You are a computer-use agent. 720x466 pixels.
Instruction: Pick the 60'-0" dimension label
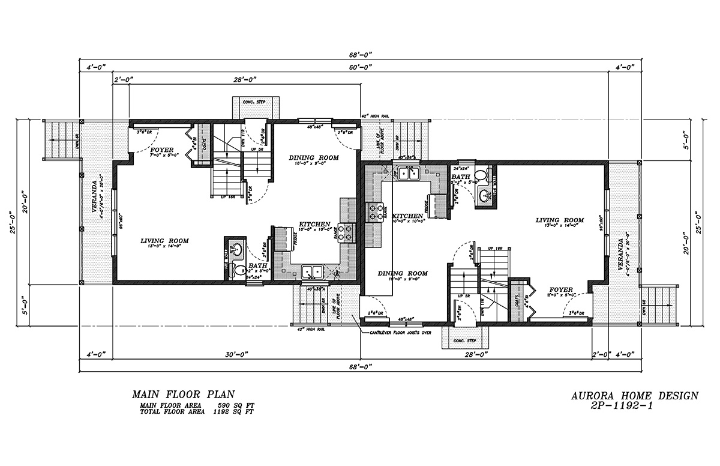coord(359,67)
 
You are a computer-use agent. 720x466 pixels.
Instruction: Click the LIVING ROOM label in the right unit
coord(559,220)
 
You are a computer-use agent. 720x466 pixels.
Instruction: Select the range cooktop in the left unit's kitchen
coord(347,232)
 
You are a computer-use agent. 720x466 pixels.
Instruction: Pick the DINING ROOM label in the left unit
coord(314,158)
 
